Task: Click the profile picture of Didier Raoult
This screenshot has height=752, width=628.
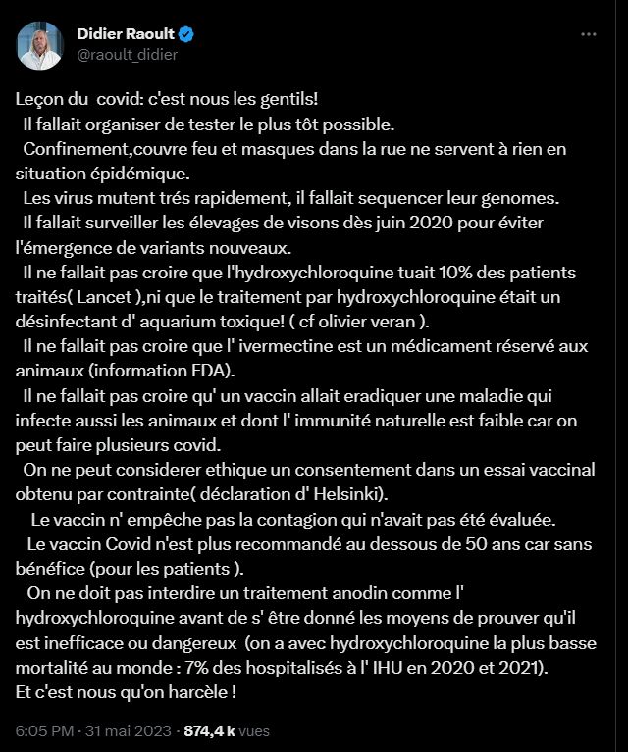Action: click(x=39, y=43)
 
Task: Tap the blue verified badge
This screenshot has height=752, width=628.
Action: click(x=186, y=34)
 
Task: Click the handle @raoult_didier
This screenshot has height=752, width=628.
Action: click(x=128, y=55)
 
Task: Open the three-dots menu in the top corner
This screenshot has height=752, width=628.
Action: click(x=589, y=34)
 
